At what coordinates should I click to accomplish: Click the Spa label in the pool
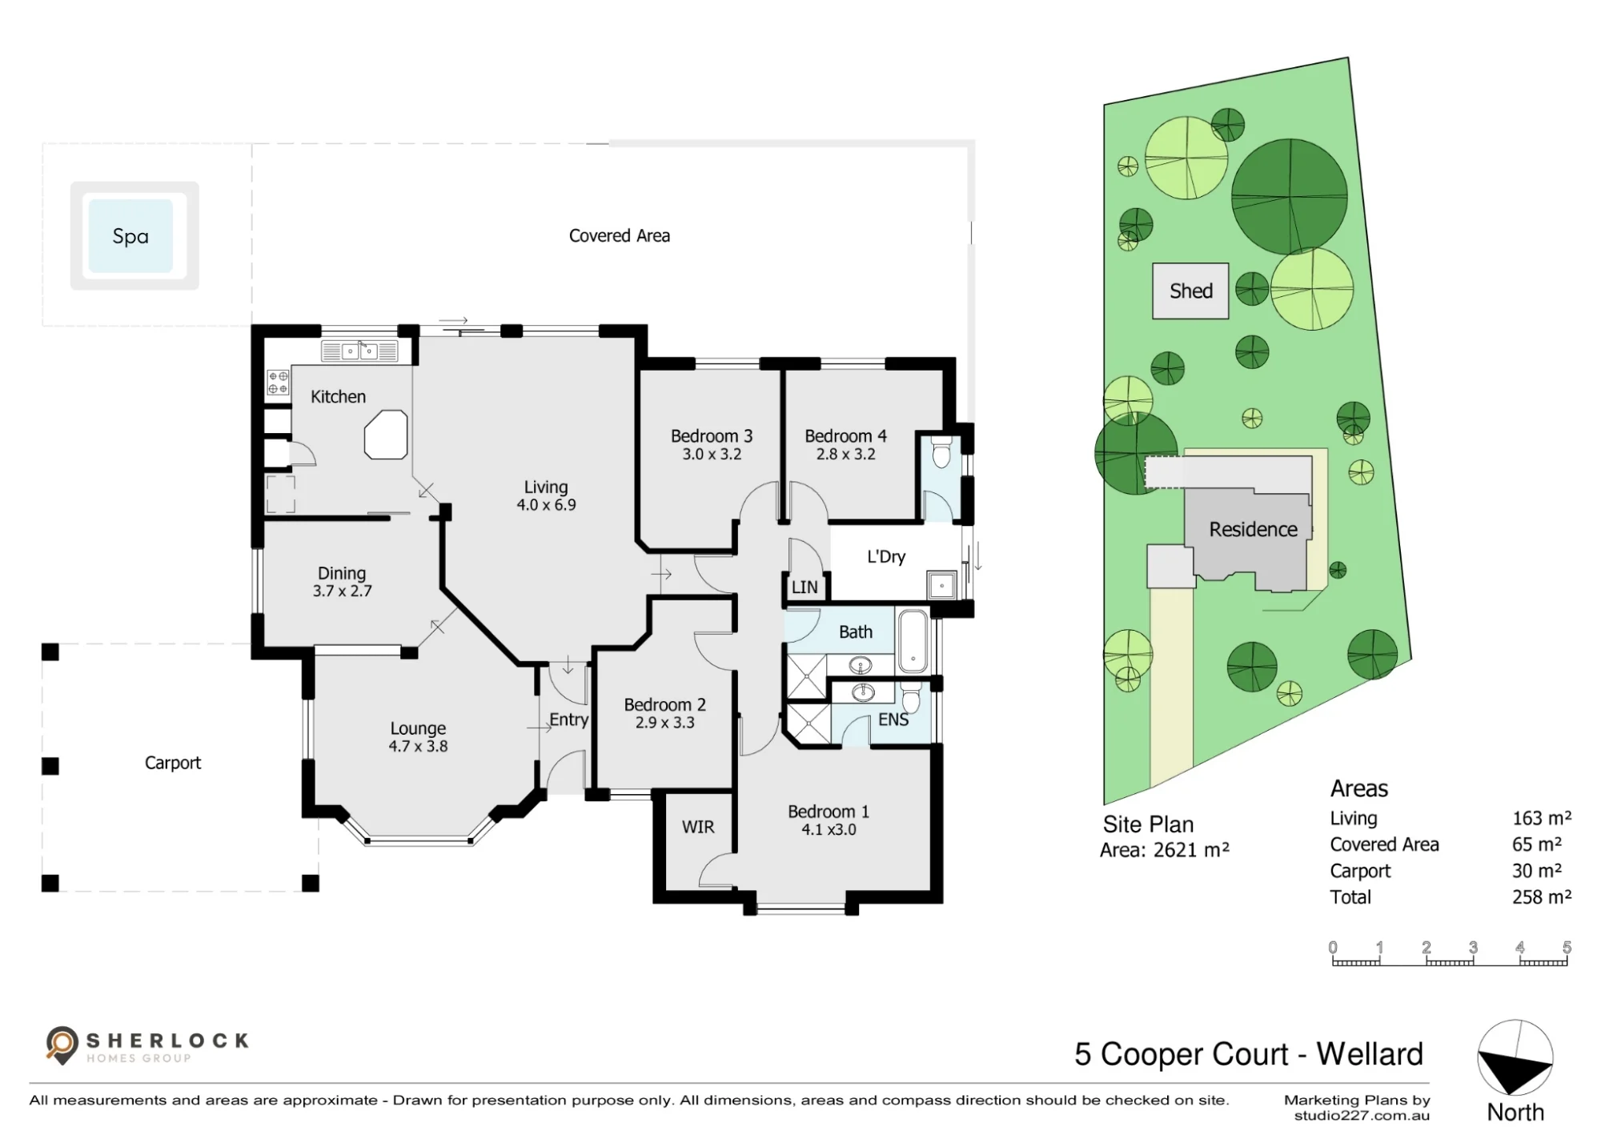130,236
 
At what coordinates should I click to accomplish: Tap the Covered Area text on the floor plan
620,236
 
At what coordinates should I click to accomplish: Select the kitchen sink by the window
359,351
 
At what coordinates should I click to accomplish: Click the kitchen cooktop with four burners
278,382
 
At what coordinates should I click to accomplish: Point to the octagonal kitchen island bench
386,435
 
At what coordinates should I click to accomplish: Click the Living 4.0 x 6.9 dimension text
546,505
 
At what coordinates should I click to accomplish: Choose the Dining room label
342,573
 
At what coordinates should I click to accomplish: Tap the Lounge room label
418,728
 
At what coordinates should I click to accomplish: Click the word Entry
568,720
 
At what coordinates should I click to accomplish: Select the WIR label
698,827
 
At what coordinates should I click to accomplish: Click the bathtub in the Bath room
913,640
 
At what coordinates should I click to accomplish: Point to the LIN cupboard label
805,588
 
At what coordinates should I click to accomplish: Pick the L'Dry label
886,557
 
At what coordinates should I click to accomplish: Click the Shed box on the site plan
1190,291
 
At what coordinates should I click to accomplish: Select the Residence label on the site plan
1253,529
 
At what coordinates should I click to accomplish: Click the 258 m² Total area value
1542,896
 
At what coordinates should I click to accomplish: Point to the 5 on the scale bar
1567,947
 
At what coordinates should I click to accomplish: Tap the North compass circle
1515,1057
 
